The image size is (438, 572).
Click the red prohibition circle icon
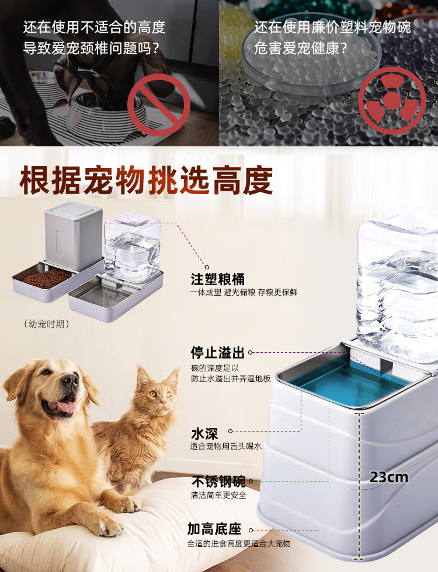(159, 104)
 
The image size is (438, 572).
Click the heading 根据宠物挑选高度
(146, 181)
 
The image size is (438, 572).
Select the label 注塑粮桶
(217, 279)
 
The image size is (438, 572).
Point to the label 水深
(204, 434)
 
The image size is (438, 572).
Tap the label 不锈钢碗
(218, 482)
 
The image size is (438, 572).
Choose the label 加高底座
(214, 529)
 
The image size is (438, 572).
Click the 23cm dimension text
(389, 478)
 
